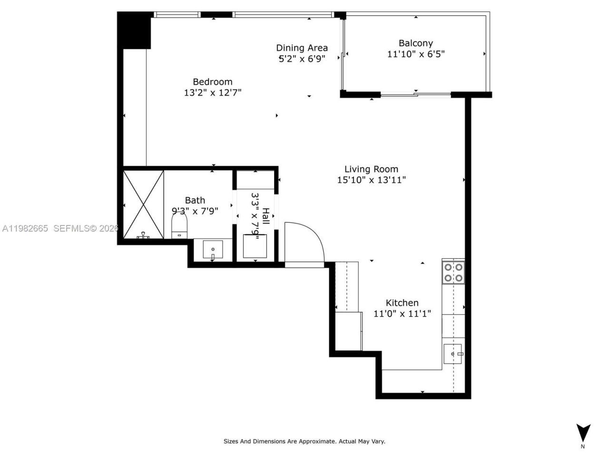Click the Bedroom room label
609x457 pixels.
(212, 82)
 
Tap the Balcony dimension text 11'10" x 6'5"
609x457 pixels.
(415, 54)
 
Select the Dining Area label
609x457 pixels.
(302, 48)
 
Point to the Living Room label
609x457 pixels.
(371, 169)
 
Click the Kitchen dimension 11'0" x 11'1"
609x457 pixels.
(402, 314)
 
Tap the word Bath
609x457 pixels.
(195, 200)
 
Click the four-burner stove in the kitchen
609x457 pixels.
(453, 273)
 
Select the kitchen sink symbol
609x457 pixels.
(453, 354)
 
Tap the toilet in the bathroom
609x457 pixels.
(179, 227)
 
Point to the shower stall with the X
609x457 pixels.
(143, 204)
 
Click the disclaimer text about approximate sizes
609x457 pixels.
(304, 441)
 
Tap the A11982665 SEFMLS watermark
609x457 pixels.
(59, 228)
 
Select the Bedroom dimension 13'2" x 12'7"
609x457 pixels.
(213, 93)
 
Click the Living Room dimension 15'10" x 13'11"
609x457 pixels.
(371, 180)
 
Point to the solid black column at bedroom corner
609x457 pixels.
(135, 30)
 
